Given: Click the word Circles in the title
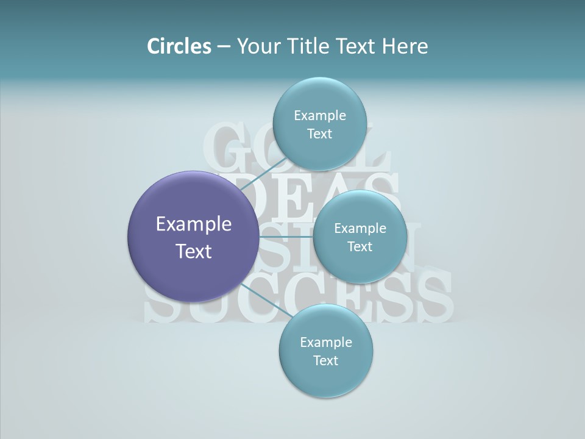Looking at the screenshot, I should [179, 46].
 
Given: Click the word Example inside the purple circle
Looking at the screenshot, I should [194, 224].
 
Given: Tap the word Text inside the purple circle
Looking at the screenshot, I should [194, 251].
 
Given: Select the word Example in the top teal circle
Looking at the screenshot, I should [320, 116].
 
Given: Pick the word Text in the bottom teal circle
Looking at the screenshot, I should [325, 361].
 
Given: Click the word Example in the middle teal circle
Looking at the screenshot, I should [360, 229].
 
